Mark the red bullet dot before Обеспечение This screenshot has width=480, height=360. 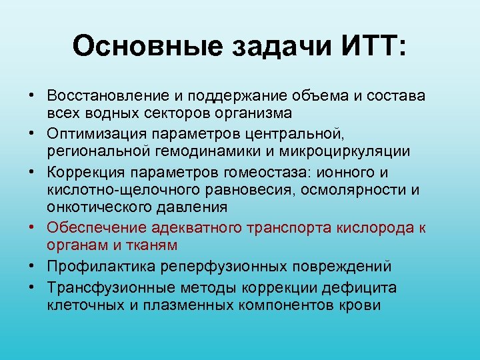[x=33, y=228]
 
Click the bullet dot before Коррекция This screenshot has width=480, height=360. [x=33, y=172]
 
